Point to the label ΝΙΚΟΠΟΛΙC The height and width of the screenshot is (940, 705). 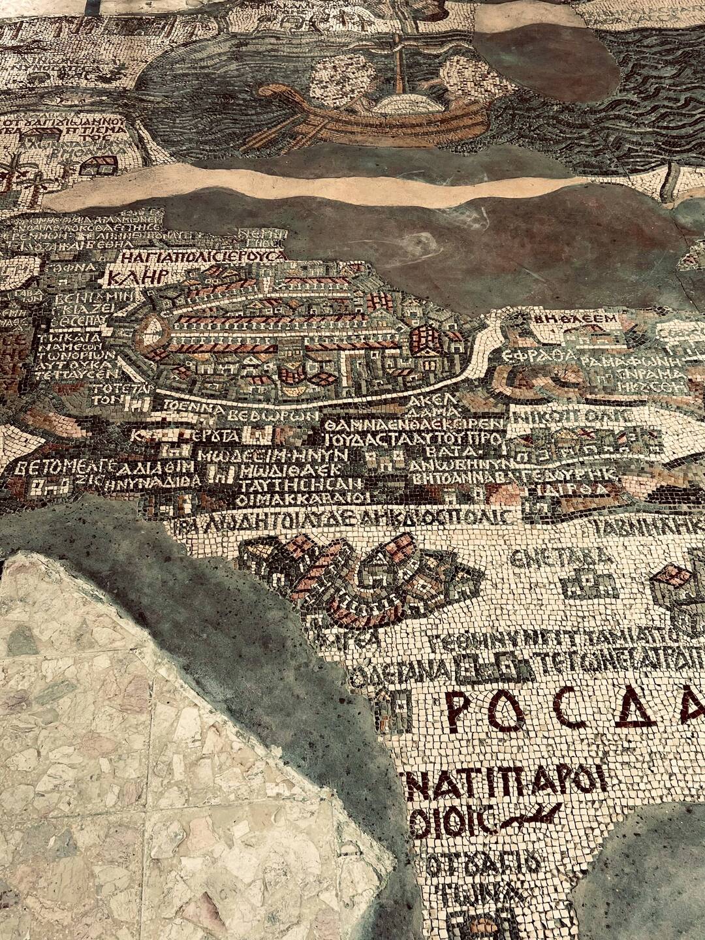[572, 416]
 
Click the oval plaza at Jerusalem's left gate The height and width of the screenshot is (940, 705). [151, 335]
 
